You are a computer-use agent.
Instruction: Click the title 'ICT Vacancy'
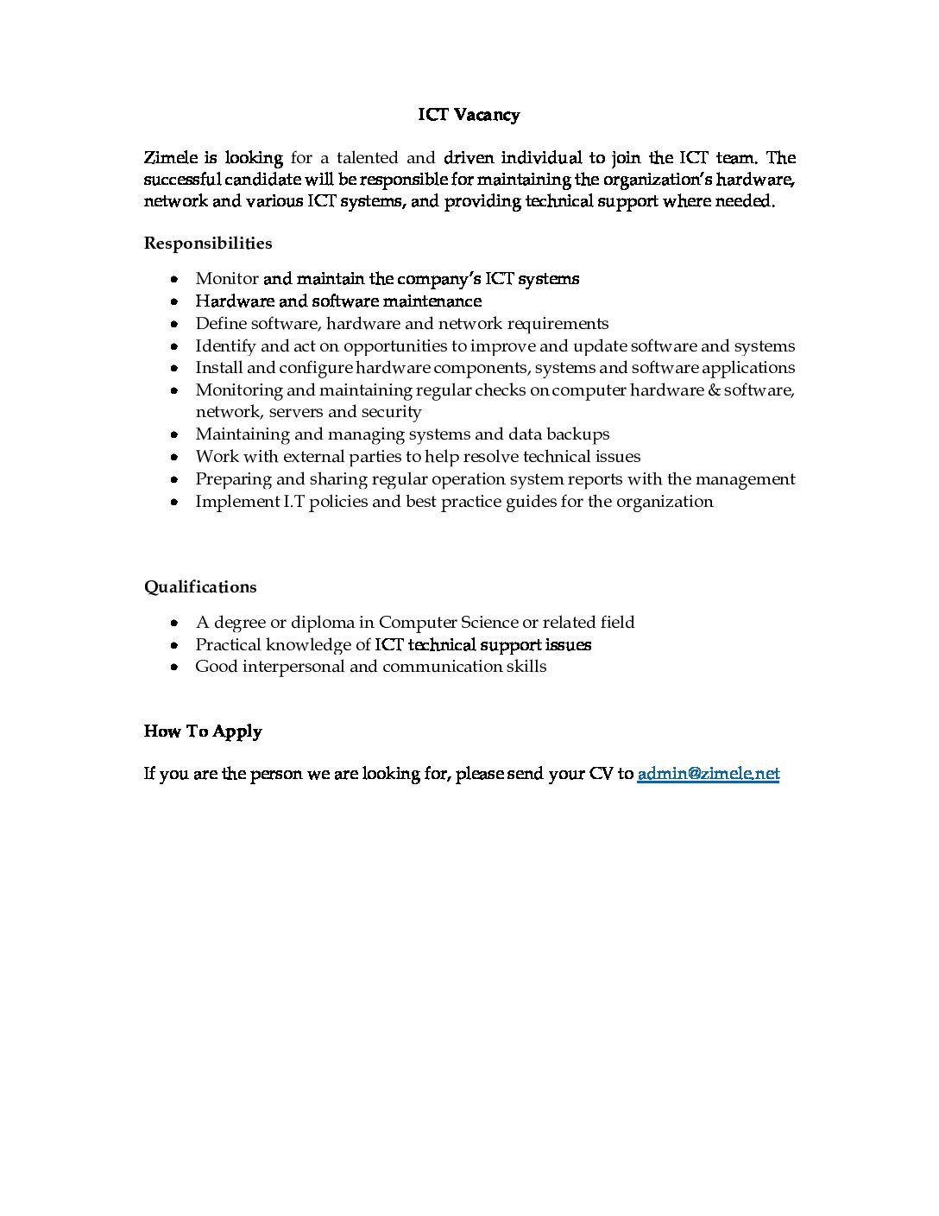click(469, 115)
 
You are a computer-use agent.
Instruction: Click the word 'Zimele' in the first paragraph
click(169, 158)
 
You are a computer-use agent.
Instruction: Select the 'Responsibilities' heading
click(208, 244)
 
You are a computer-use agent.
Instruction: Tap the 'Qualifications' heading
click(200, 587)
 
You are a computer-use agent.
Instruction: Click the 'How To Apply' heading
click(203, 731)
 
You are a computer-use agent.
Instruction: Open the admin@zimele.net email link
click(708, 774)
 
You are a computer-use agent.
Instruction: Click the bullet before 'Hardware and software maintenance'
click(175, 302)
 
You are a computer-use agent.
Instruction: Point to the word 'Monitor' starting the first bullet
click(227, 279)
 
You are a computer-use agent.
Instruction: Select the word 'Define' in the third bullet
click(221, 324)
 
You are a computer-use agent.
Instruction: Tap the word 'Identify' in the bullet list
click(225, 346)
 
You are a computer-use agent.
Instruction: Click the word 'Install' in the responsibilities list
click(218, 368)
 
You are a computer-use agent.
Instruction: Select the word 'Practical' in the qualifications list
click(228, 645)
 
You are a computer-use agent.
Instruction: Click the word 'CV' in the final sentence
click(601, 774)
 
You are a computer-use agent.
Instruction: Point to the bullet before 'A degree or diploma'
click(175, 623)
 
